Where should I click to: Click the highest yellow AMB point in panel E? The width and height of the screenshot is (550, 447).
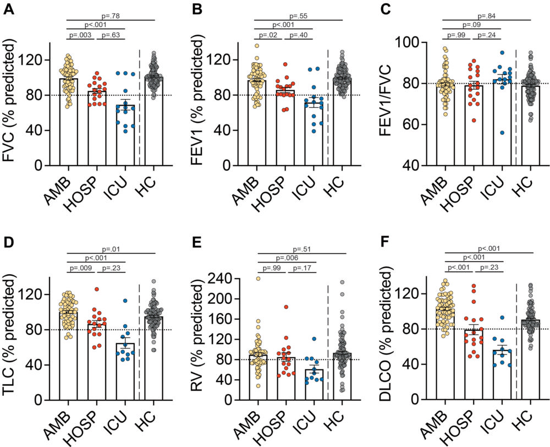(258, 279)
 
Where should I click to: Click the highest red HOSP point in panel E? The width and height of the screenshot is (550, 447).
(285, 307)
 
